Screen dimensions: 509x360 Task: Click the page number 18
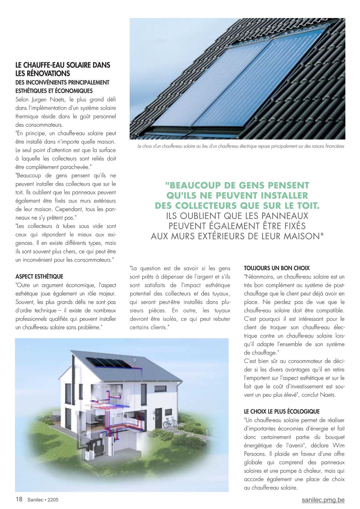tap(19, 499)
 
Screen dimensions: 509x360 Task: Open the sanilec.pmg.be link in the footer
tap(323, 500)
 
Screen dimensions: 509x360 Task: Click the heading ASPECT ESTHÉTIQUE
tap(39, 277)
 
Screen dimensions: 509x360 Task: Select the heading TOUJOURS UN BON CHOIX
tap(277, 268)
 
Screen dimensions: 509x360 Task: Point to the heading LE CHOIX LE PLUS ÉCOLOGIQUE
tap(282, 411)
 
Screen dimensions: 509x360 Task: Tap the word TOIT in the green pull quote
tap(308, 206)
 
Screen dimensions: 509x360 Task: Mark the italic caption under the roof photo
tap(241, 146)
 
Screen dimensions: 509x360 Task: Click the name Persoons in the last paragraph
tap(255, 454)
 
